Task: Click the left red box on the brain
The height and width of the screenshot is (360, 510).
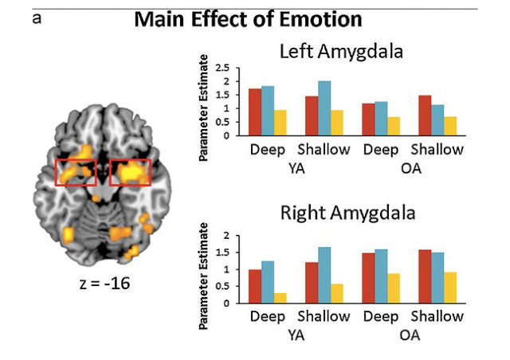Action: (76, 172)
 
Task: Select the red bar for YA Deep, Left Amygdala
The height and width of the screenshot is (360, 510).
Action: (255, 112)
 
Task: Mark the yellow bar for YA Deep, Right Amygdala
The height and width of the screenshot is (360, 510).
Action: (280, 299)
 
